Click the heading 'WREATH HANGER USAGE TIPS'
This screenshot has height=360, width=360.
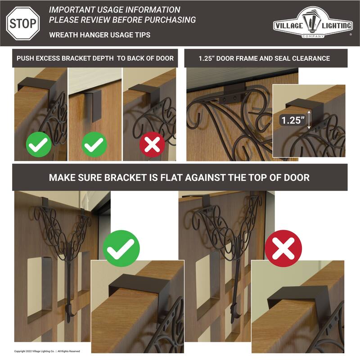(x=99, y=35)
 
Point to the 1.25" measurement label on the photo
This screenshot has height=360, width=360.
(x=291, y=120)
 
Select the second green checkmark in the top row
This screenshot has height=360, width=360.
(x=94, y=145)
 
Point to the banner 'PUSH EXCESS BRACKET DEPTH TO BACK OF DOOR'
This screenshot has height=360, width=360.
(x=95, y=58)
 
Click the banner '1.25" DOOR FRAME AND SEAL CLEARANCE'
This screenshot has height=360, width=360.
(x=265, y=58)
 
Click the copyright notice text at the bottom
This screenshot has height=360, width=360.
(x=47, y=351)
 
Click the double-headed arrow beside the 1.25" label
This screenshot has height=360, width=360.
(x=309, y=119)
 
